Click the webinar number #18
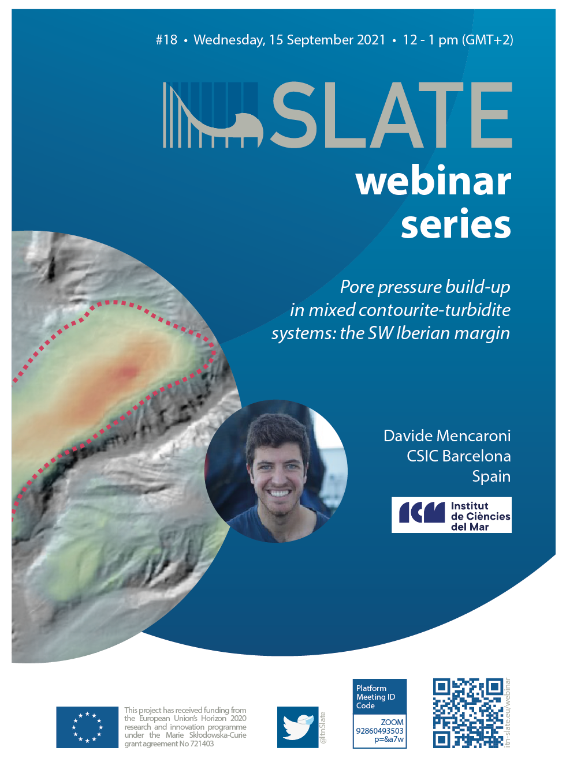click(x=166, y=40)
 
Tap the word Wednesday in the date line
click(x=229, y=40)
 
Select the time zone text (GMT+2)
click(x=487, y=40)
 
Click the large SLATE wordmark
click(x=391, y=115)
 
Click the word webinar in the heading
click(x=433, y=181)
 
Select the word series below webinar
click(x=456, y=223)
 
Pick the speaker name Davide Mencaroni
click(x=447, y=435)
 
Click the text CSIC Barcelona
click(x=459, y=456)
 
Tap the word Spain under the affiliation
click(x=491, y=476)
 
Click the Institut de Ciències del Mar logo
click(x=451, y=515)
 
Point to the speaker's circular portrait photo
click(x=276, y=471)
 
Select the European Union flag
click(x=87, y=727)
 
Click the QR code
click(x=468, y=713)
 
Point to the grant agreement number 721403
click(x=202, y=744)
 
